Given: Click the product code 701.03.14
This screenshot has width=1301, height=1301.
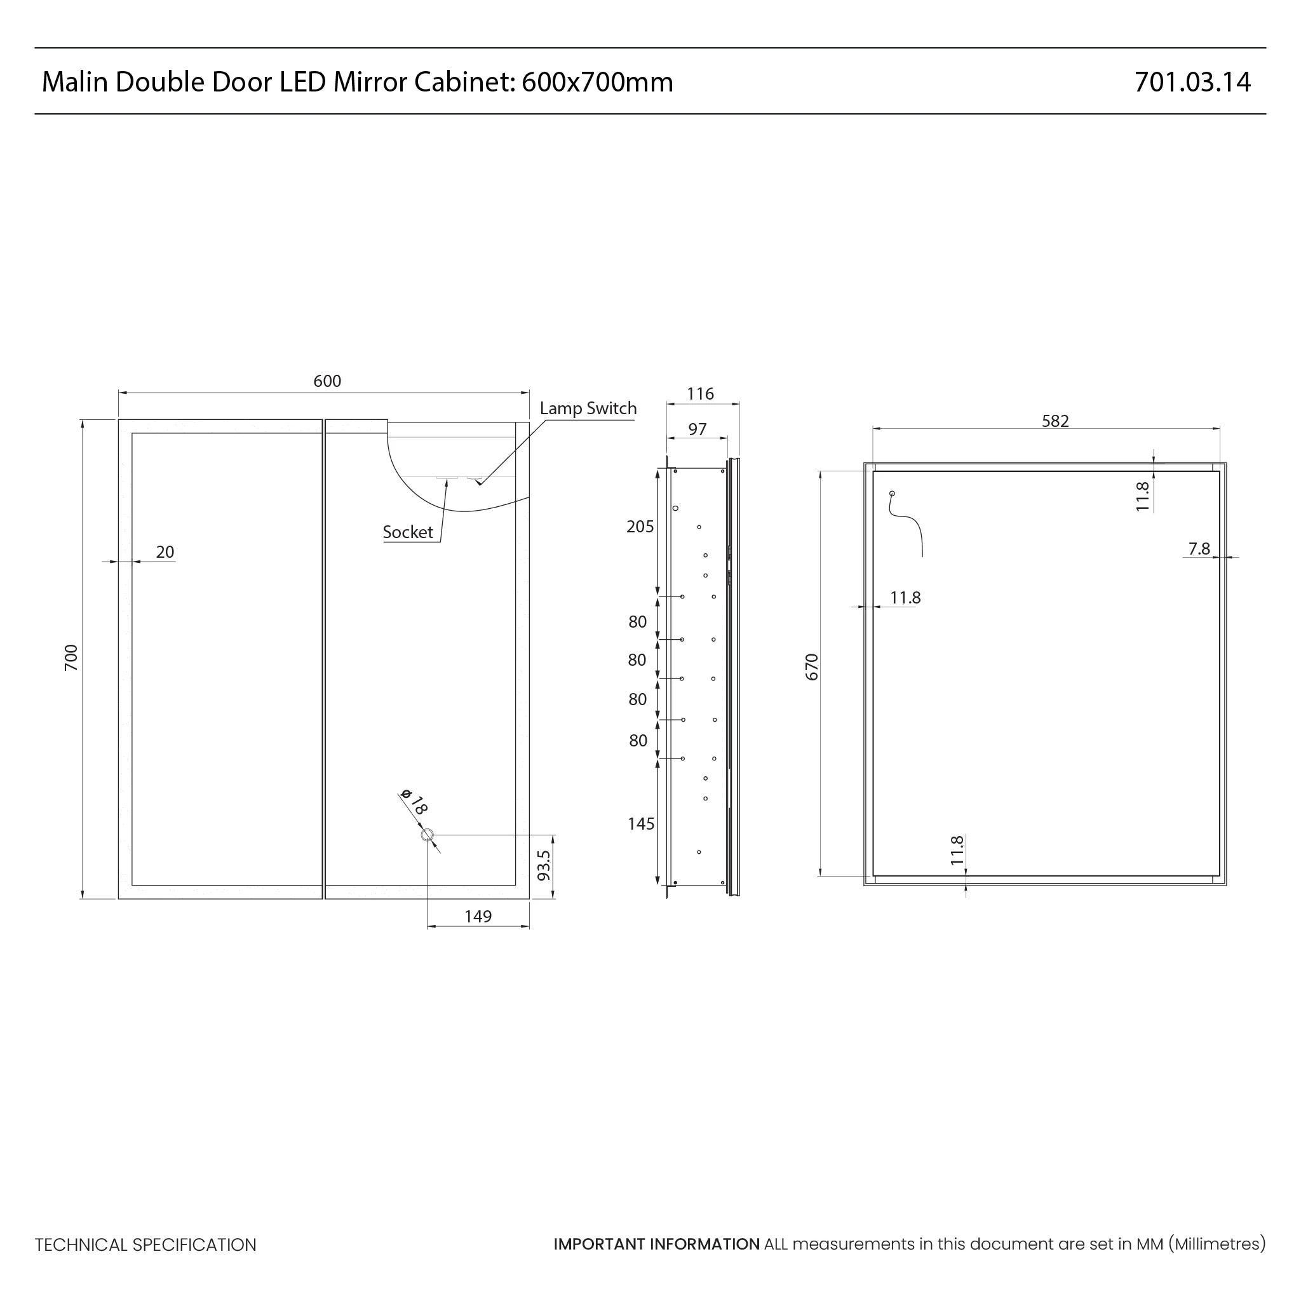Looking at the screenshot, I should tap(1192, 82).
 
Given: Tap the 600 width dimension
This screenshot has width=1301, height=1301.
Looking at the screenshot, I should tap(327, 381).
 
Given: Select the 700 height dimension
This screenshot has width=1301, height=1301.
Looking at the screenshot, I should tap(71, 657).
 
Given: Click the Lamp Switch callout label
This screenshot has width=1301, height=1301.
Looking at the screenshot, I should tap(588, 408).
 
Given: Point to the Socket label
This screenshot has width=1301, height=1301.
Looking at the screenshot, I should tap(407, 532).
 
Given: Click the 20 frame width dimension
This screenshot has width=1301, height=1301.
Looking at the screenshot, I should tap(165, 552).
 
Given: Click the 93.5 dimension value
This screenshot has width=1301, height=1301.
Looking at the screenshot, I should tap(544, 866).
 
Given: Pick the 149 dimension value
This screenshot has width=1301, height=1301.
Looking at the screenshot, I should tap(478, 917).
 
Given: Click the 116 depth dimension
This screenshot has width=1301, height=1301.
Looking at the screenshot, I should tap(699, 394).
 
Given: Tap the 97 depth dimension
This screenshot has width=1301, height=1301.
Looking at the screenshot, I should tap(698, 429).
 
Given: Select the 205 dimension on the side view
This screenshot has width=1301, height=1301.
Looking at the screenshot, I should tap(640, 527).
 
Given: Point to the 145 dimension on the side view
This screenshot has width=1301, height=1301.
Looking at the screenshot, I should tap(640, 823).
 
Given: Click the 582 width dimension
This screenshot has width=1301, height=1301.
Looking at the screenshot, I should tap(1055, 421).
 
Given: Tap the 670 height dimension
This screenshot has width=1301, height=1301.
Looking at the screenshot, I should tap(812, 666).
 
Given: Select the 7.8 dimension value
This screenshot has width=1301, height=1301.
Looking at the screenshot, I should tap(1199, 549).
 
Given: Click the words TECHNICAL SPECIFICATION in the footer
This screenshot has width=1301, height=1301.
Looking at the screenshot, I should tap(145, 1244).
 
